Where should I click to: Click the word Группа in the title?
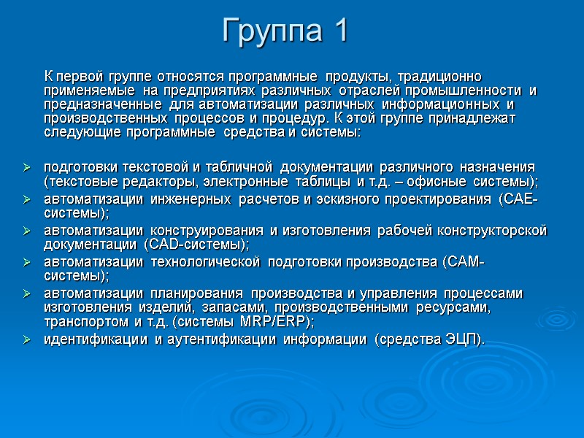click(271, 31)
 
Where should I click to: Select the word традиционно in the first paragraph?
click(439, 77)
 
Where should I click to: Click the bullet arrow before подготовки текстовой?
click(27, 169)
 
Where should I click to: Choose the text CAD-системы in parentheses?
click(196, 245)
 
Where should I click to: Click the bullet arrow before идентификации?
click(27, 340)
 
